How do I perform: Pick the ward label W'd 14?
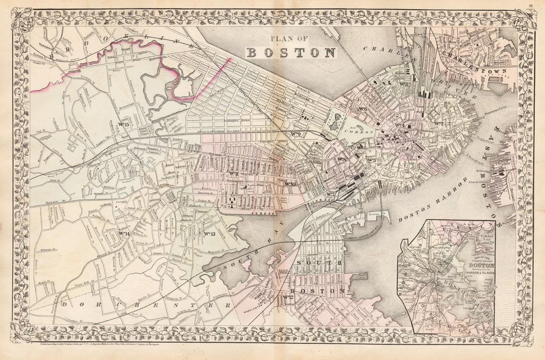click(x=124, y=233)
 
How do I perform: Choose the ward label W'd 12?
click(x=288, y=297)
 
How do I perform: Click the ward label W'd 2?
click(x=438, y=123)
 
